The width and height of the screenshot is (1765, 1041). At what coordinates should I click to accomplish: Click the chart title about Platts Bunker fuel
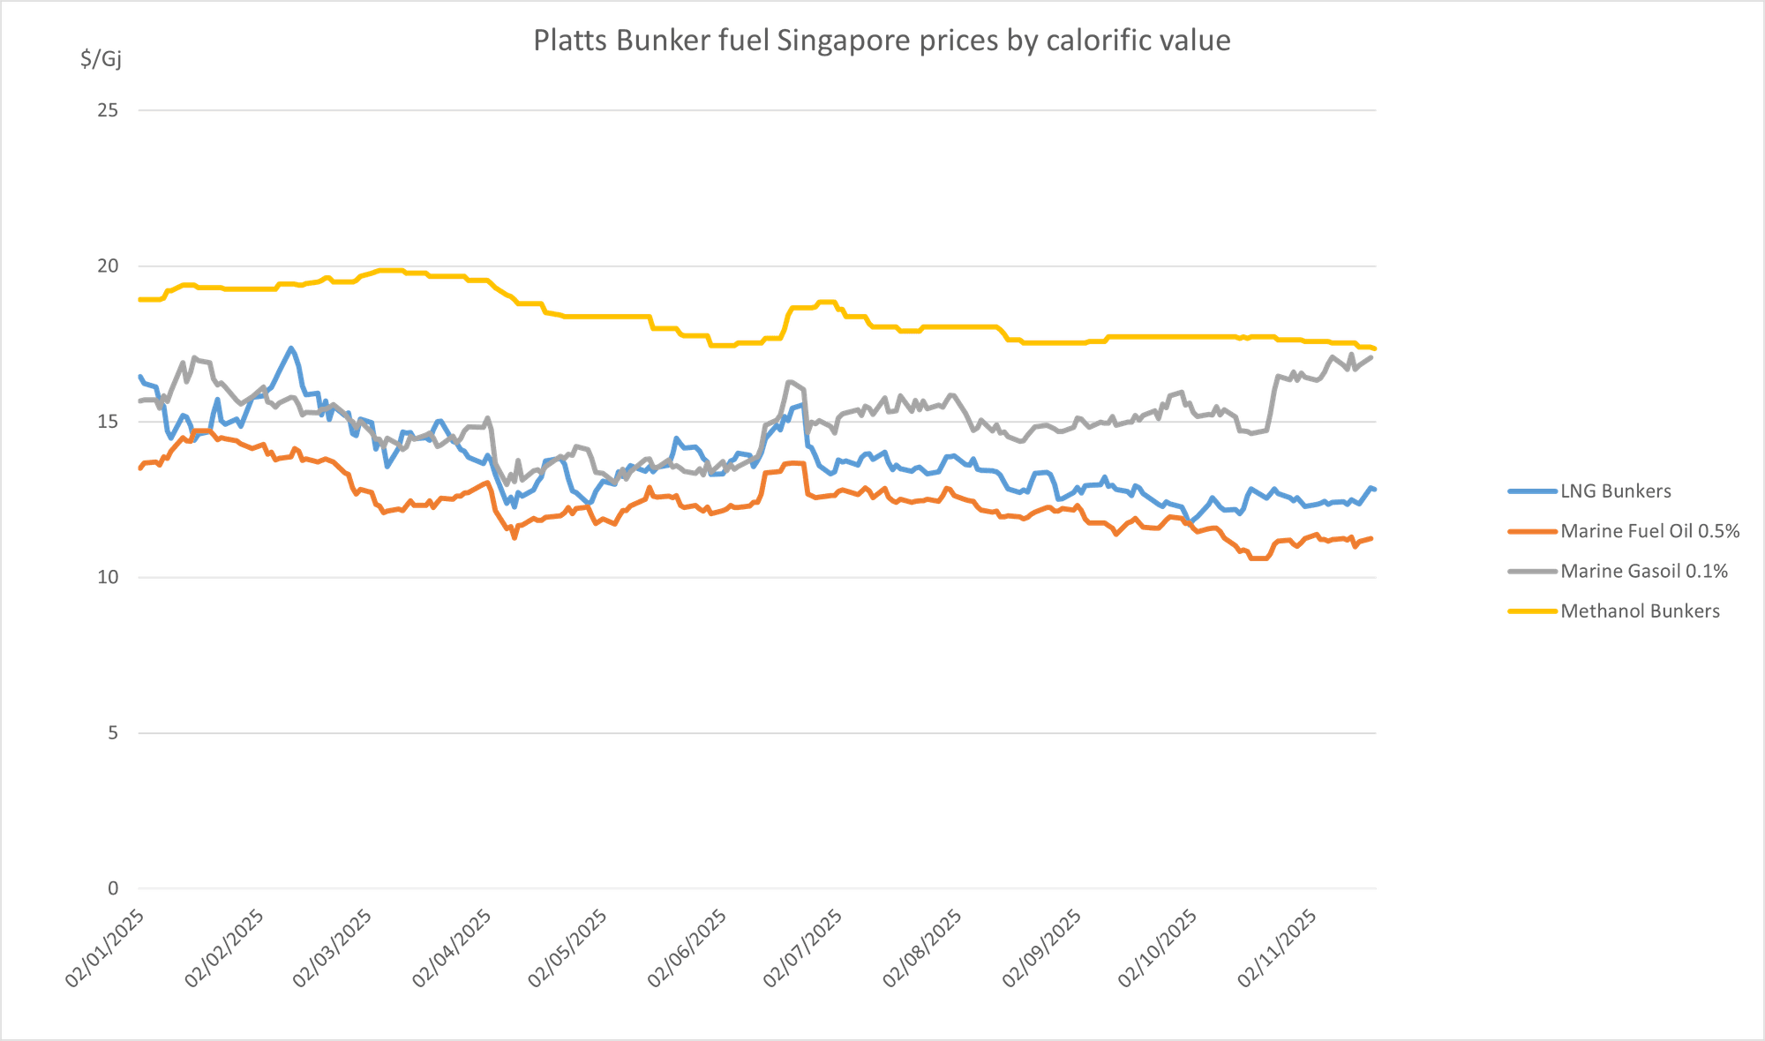pos(882,41)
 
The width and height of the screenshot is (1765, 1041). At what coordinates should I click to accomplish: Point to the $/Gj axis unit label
pos(101,60)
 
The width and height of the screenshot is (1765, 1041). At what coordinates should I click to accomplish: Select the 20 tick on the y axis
pos(109,266)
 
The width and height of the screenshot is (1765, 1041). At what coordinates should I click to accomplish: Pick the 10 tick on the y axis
pos(109,577)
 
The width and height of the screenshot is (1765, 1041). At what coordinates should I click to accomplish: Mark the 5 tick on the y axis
pos(113,733)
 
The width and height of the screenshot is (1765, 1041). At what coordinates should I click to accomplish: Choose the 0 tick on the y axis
pos(113,888)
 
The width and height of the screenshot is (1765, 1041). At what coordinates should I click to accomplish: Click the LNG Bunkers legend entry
pos(1615,491)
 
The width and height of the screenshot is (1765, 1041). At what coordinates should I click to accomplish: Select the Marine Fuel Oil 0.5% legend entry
pos(1649,530)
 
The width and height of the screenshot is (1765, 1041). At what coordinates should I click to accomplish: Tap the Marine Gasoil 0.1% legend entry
pos(1643,571)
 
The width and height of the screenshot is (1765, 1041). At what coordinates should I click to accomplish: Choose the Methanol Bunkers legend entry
pos(1640,610)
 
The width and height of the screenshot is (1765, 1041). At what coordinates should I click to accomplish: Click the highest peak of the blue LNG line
pos(291,347)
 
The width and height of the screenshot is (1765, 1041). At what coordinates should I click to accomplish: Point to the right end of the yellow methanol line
pos(1375,348)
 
